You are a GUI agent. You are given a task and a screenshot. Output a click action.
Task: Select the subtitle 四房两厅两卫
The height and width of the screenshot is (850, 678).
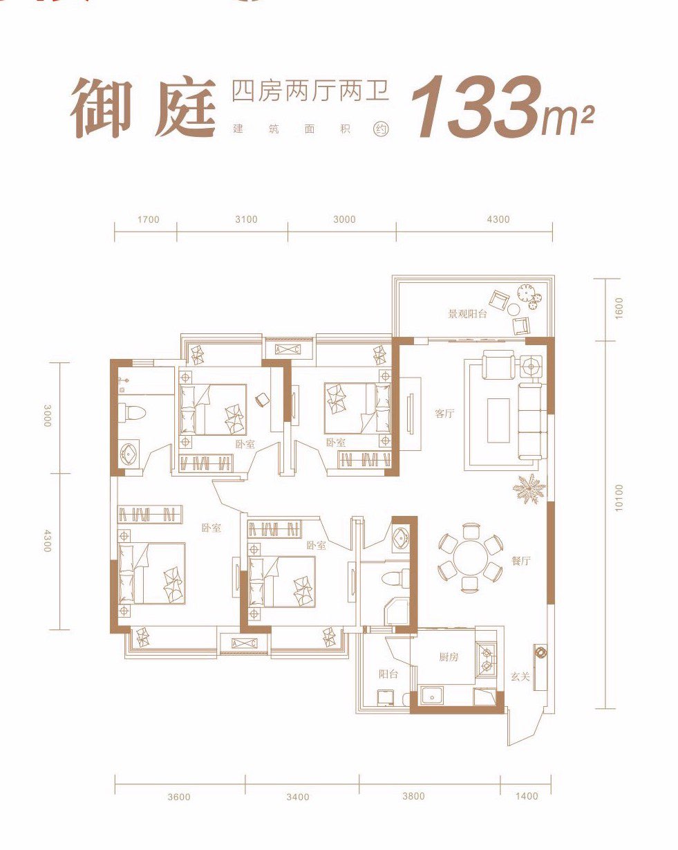click(x=310, y=92)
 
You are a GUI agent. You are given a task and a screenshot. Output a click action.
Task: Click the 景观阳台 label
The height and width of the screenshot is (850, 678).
click(x=467, y=314)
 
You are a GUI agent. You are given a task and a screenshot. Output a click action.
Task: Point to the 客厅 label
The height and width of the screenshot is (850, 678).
click(x=444, y=414)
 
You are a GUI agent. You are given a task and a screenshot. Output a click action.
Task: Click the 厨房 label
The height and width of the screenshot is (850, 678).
click(x=449, y=656)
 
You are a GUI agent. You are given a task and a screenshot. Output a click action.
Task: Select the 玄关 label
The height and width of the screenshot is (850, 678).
click(x=520, y=676)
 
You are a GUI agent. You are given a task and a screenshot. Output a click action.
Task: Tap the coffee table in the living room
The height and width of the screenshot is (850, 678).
click(x=498, y=420)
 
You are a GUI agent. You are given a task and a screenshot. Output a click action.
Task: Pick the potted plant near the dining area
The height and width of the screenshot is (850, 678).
click(x=529, y=488)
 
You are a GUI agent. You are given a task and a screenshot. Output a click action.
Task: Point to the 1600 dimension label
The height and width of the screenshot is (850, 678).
click(x=619, y=308)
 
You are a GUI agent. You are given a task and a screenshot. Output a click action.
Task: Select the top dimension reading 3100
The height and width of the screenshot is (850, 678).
click(x=246, y=219)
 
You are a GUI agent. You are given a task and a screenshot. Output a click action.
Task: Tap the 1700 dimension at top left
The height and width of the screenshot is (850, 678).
click(x=148, y=219)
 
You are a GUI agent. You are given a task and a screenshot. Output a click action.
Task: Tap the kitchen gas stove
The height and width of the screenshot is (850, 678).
click(x=486, y=659)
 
